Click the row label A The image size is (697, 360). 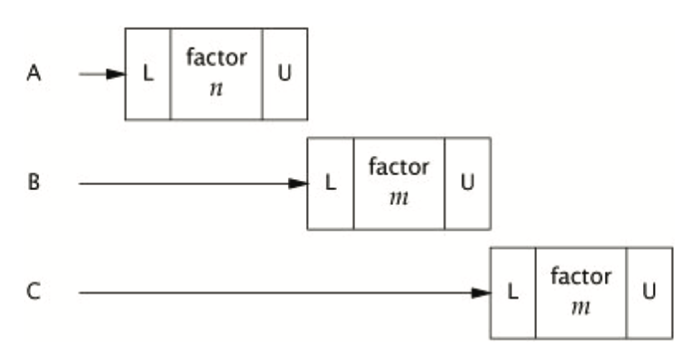coord(34,75)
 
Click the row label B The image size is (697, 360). coord(34,183)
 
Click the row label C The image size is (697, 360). coord(34,293)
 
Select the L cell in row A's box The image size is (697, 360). coord(149,75)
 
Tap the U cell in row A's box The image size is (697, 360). coord(285,75)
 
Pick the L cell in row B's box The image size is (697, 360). coord(331,183)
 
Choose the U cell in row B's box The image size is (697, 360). coord(467,183)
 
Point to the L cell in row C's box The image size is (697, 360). coord(514,293)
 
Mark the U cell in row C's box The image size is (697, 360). coord(650,293)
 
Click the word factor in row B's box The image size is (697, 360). coord(399,167)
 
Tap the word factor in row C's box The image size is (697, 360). coord(581,276)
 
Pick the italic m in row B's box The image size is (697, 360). coord(399,197)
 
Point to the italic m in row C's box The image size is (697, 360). coord(581,306)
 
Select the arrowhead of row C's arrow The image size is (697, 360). coord(481,293)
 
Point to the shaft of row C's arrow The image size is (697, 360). coord(274,293)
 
